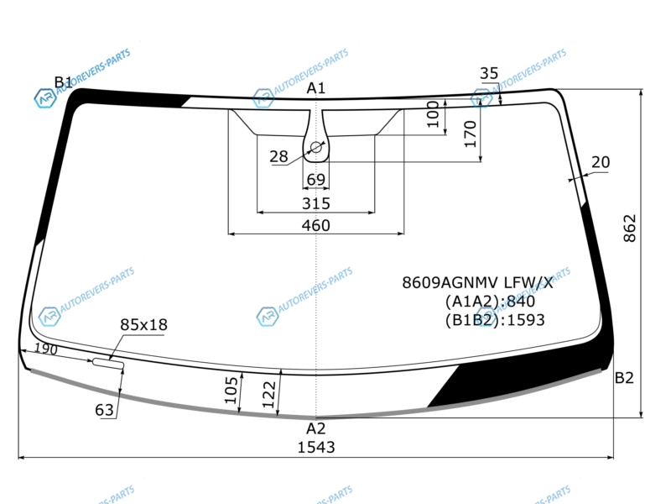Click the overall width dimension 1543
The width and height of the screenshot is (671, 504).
pyautogui.click(x=316, y=447)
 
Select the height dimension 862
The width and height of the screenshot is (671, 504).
pyautogui.click(x=630, y=228)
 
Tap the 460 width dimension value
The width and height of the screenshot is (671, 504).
pyautogui.click(x=316, y=225)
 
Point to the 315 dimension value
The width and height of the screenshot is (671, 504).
pyautogui.click(x=316, y=203)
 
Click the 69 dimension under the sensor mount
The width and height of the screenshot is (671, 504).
pyautogui.click(x=316, y=179)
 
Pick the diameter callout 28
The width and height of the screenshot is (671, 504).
pyautogui.click(x=278, y=156)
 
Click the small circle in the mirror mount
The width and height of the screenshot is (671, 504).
pyautogui.click(x=316, y=148)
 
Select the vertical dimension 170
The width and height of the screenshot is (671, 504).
pyautogui.click(x=471, y=134)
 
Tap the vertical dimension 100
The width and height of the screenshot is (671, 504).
pyautogui.click(x=434, y=114)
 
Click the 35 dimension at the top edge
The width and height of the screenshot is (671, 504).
pyautogui.click(x=489, y=73)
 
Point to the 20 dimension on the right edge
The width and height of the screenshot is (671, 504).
pyautogui.click(x=601, y=162)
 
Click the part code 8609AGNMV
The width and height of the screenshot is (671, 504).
pyautogui.click(x=450, y=282)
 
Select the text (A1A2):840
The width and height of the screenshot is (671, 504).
pyautogui.click(x=490, y=302)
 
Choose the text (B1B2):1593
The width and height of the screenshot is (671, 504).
pyautogui.click(x=495, y=320)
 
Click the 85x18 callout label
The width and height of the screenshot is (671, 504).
pyautogui.click(x=143, y=325)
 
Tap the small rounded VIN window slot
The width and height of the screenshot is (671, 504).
pyautogui.click(x=108, y=364)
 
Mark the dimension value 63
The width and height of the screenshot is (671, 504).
pyautogui.click(x=104, y=410)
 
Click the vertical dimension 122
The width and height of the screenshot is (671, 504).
pyautogui.click(x=268, y=394)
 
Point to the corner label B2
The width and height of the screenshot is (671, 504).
pyautogui.click(x=624, y=377)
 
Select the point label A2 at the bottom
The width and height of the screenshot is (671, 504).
pyautogui.click(x=316, y=428)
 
